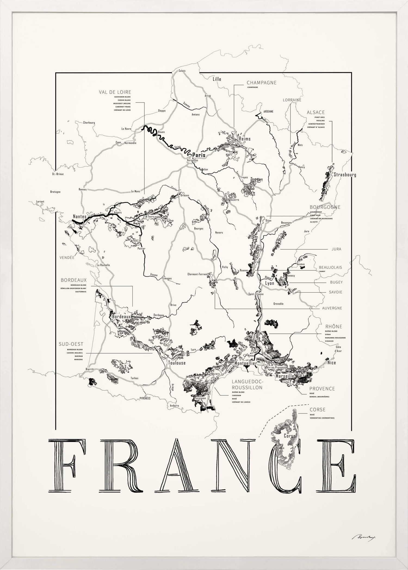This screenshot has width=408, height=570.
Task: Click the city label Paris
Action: pos(199,155)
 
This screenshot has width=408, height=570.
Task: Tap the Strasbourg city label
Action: pos(345,175)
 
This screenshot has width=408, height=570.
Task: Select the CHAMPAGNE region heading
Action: pos(261,82)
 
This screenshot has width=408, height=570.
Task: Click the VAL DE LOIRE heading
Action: pos(115,92)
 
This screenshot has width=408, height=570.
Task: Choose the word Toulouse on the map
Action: pos(177,363)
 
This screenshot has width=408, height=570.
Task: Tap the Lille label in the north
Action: pos(217,79)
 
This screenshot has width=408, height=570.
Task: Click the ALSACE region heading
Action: pos(316,112)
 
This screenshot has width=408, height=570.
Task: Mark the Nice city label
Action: pos(332,363)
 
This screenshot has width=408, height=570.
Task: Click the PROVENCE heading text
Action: pos(322,389)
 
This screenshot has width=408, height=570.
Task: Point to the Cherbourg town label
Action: pos(89,123)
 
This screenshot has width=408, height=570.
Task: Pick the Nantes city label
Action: pos(79,216)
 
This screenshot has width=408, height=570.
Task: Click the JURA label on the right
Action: pos(336,249)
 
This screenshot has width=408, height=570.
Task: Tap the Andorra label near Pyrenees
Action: pos(174,406)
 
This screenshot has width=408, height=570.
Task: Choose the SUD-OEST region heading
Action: pos(71,344)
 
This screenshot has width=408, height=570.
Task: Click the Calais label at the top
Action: pos(182,71)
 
